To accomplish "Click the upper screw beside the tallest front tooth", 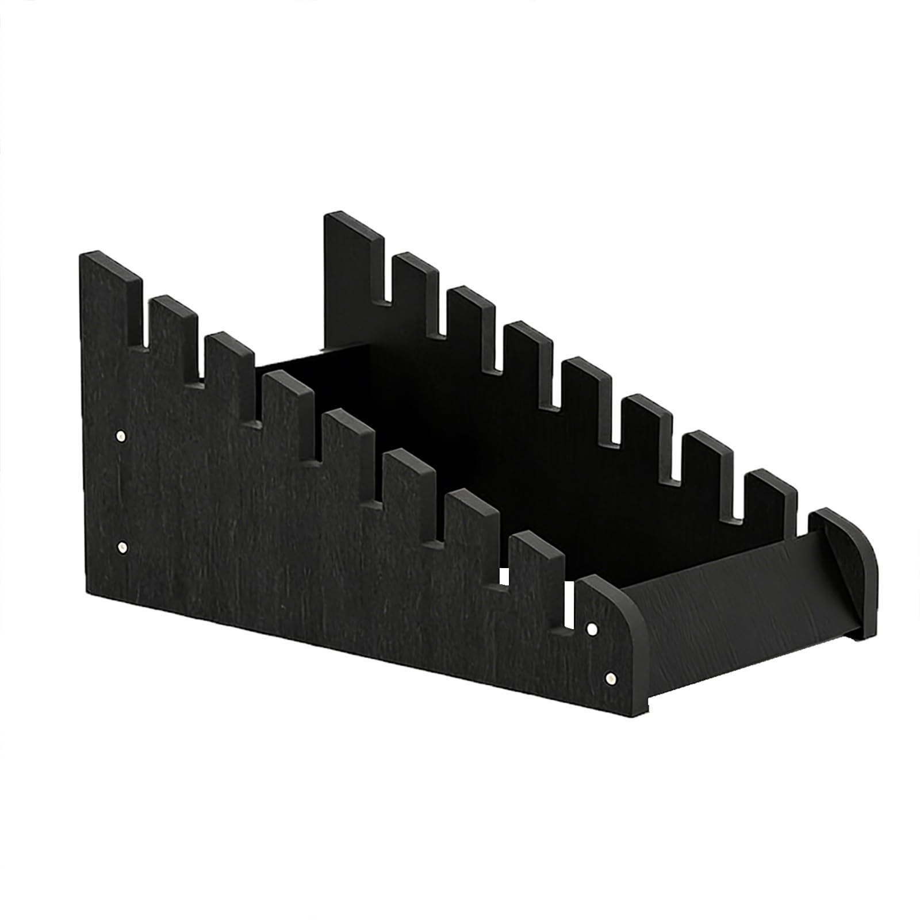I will [x=121, y=436].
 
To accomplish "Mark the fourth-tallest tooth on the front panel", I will [x=287, y=408].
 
